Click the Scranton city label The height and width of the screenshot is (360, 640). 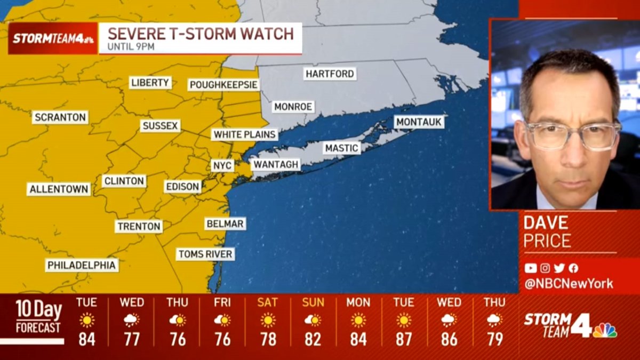(x=60, y=117)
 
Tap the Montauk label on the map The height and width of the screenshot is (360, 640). (x=419, y=122)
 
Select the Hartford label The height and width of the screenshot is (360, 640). (x=330, y=74)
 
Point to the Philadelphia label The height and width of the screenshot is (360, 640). (x=82, y=265)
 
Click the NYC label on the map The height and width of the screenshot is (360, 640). (x=222, y=165)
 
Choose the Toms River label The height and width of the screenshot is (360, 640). (x=205, y=254)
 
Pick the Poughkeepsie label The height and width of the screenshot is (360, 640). (x=224, y=85)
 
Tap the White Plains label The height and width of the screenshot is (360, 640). (x=245, y=134)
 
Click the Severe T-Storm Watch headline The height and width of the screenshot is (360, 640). (x=201, y=34)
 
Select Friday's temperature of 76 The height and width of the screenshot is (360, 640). (x=222, y=339)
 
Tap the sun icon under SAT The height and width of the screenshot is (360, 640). (x=268, y=320)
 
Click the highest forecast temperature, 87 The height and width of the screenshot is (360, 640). (x=404, y=339)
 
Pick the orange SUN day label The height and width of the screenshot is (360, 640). (x=313, y=302)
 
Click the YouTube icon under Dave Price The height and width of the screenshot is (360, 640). (x=530, y=268)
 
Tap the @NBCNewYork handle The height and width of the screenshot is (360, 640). (x=569, y=284)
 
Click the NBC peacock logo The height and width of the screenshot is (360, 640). (x=605, y=330)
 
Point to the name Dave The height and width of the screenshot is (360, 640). (x=546, y=222)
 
